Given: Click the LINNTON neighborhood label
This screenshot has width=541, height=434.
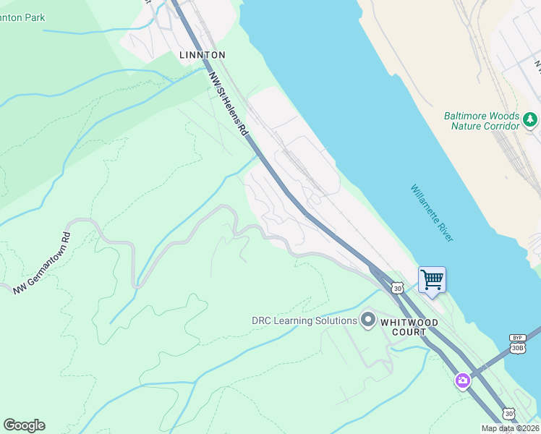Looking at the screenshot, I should click(x=203, y=55).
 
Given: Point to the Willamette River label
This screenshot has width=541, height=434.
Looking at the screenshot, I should click(x=432, y=213).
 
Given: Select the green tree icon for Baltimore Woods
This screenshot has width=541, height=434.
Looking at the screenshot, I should click(x=530, y=119).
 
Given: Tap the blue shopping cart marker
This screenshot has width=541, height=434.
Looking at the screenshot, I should click(x=432, y=279).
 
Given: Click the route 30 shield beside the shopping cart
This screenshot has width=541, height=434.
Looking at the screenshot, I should click(x=397, y=288).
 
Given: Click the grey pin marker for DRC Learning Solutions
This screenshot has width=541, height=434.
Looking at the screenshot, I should click(x=368, y=320).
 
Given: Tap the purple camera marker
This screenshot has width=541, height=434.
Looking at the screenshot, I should click(x=463, y=380).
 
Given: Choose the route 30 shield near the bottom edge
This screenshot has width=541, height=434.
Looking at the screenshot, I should click(x=509, y=414).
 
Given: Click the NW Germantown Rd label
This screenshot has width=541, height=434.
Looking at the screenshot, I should click(x=41, y=263).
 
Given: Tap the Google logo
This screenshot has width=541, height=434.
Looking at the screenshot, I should click(x=24, y=425).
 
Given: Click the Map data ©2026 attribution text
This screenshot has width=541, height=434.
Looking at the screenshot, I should click(x=511, y=429).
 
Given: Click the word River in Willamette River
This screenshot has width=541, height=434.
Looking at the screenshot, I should click(x=443, y=229).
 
